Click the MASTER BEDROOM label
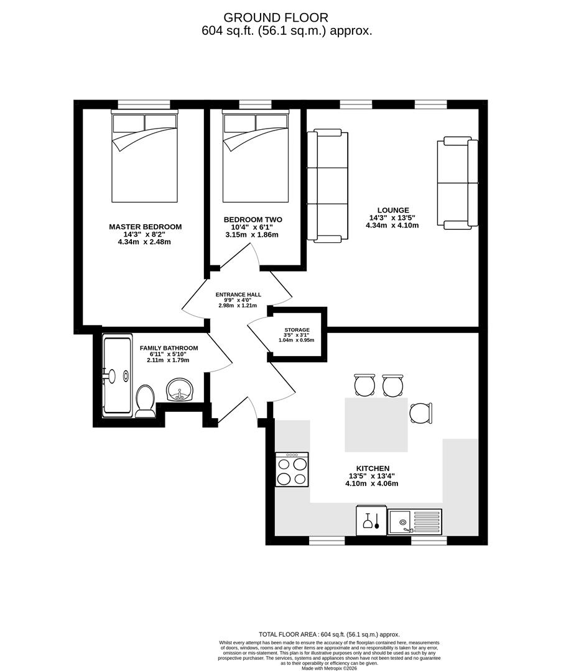(145, 227)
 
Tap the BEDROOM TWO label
(253, 220)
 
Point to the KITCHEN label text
(373, 468)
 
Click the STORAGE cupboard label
(297, 330)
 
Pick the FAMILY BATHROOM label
(169, 348)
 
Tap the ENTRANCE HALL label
(238, 294)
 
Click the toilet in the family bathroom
(145, 401)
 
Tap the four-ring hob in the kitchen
(292, 470)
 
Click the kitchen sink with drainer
(414, 521)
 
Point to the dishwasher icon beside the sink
(371, 521)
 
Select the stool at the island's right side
(421, 413)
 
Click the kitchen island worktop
(376, 425)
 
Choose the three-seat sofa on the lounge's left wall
(327, 185)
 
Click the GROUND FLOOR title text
(276, 17)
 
